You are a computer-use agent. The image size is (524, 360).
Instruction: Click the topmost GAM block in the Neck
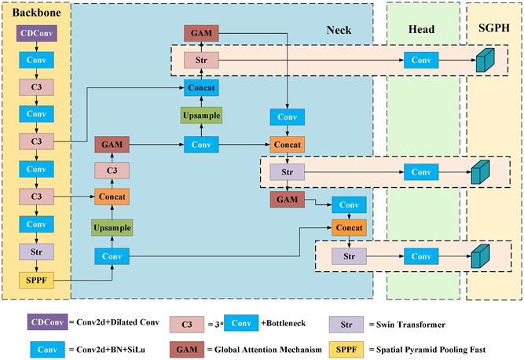click(x=202, y=33)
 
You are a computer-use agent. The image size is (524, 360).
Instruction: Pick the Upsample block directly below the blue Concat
click(x=202, y=116)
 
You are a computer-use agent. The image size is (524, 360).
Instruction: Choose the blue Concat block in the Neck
click(x=202, y=89)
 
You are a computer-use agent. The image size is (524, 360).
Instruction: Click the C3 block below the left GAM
click(x=111, y=171)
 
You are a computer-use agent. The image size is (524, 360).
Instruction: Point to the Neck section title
click(x=339, y=30)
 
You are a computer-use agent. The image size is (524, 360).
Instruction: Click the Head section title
click(x=423, y=30)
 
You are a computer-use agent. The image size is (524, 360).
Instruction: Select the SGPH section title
click(x=494, y=30)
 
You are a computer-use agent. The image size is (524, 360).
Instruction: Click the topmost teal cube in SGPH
click(x=485, y=61)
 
